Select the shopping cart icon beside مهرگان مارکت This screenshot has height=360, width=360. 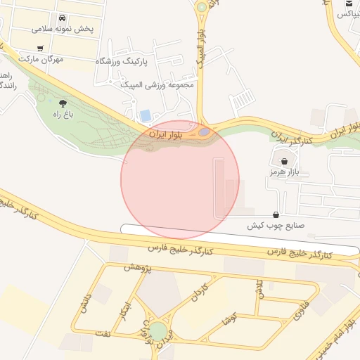pyautogui.click(x=40, y=49)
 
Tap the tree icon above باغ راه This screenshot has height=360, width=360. pyautogui.click(x=63, y=103)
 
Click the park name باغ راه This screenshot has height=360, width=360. pyautogui.click(x=63, y=113)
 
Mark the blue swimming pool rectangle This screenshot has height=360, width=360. pyautogui.click(x=146, y=115)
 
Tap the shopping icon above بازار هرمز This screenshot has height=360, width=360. pyautogui.click(x=284, y=161)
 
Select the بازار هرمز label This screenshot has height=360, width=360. pyautogui.click(x=284, y=172)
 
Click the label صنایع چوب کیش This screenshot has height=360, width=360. pyautogui.click(x=274, y=226)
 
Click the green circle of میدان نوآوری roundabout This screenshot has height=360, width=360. pyautogui.click(x=158, y=330)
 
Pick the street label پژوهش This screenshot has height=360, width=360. pyautogui.click(x=138, y=266)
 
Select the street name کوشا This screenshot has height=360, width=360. pyautogui.click(x=227, y=319)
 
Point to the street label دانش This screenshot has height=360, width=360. pyautogui.click(x=85, y=304)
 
